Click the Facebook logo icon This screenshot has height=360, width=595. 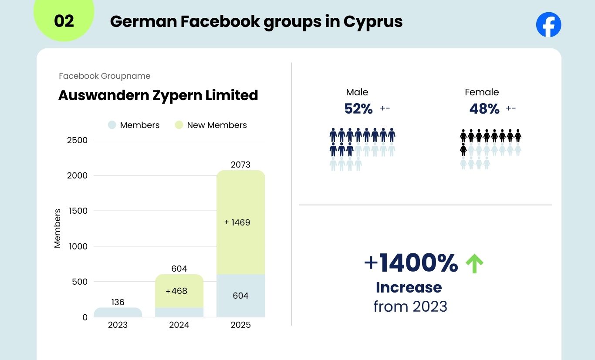click(548, 24)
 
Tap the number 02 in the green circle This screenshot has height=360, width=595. click(64, 21)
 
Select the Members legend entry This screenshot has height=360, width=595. click(134, 125)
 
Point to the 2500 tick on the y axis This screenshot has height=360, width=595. click(77, 140)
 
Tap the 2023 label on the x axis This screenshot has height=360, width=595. click(118, 325)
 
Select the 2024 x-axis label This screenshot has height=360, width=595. click(179, 325)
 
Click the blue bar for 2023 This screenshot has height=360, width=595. click(118, 313)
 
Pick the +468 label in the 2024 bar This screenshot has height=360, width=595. click(176, 291)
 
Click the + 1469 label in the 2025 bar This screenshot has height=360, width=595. click(237, 222)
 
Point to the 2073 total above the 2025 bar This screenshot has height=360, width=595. click(240, 165)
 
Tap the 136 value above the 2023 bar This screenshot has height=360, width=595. click(118, 302)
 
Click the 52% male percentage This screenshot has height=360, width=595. click(358, 109)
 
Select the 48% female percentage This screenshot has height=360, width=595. click(484, 109)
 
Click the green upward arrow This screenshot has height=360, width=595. click(474, 264)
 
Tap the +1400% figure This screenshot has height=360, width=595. click(411, 263)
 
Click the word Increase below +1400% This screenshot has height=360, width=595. click(409, 287)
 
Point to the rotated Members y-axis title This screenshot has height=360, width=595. click(57, 229)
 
